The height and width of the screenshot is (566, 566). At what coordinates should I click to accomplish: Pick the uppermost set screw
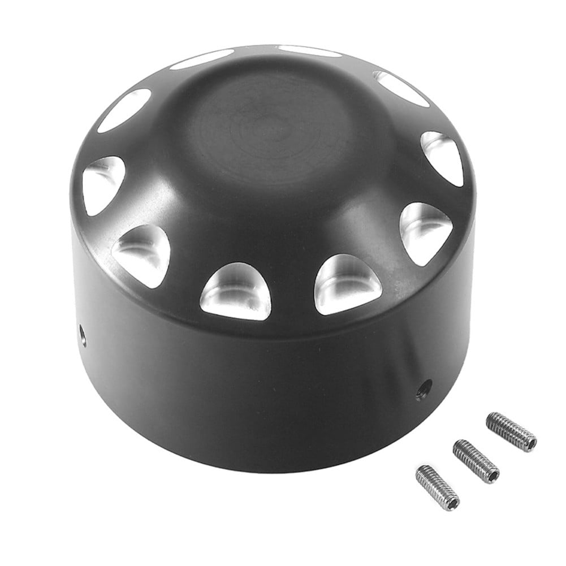[511, 431]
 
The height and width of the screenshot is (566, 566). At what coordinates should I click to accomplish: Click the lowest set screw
[437, 487]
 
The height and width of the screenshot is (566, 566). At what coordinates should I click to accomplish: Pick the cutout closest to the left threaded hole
[142, 253]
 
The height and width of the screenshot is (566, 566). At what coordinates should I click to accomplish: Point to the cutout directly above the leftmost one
[124, 109]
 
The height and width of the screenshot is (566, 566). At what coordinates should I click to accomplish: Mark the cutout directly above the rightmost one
[401, 88]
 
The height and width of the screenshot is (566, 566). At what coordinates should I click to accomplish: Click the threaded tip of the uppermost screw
[491, 419]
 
